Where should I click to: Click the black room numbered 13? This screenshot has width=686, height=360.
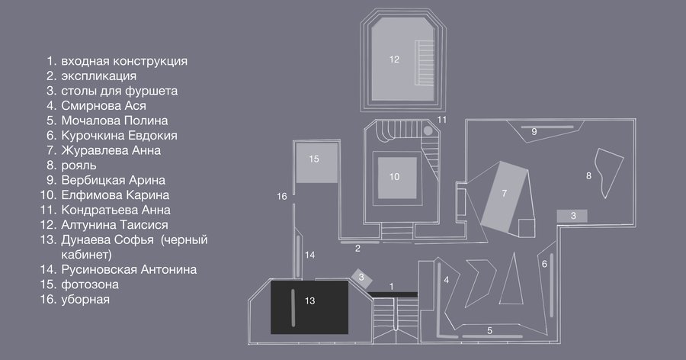click(309, 307)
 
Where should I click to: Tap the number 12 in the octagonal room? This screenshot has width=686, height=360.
click(394, 59)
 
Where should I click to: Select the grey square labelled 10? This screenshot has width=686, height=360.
click(397, 178)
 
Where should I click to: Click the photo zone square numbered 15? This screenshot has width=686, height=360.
click(317, 162)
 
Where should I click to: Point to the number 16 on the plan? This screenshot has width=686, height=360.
click(282, 196)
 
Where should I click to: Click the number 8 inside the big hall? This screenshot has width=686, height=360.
click(588, 175)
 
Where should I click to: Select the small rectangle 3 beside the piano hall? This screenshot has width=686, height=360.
click(572, 216)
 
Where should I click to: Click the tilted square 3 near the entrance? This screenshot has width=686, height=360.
click(361, 278)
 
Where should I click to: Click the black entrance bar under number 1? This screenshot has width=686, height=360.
click(393, 294)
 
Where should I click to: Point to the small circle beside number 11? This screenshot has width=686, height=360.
click(428, 130)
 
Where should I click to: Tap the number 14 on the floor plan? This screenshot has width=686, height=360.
click(309, 255)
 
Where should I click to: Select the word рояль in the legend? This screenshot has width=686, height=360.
click(79, 166)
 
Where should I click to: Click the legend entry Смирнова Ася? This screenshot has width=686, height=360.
click(104, 105)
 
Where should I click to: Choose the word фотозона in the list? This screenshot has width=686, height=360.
click(90, 284)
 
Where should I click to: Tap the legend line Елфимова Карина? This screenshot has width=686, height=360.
click(115, 195)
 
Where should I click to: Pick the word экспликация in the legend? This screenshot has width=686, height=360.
click(99, 76)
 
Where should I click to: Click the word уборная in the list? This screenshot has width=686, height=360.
click(85, 300)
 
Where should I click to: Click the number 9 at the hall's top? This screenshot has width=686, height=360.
click(534, 131)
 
